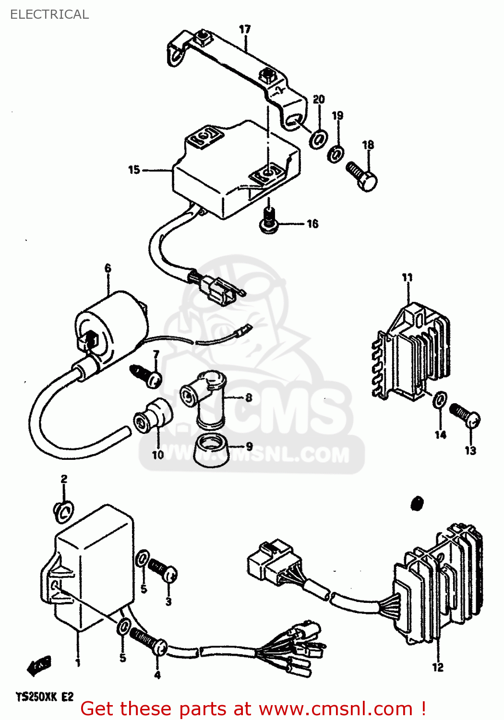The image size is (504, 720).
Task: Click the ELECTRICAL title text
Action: click(x=49, y=14)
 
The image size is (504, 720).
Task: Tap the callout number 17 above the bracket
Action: click(x=245, y=29)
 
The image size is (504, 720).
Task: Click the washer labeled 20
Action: click(x=318, y=138)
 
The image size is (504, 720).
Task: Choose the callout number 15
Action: click(x=134, y=170)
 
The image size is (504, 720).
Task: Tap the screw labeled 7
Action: click(x=146, y=376)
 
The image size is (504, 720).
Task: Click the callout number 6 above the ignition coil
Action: click(x=108, y=268)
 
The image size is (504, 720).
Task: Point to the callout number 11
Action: click(x=407, y=277)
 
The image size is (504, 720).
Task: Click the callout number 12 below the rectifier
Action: click(x=438, y=667)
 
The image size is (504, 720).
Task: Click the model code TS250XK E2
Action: click(x=45, y=696)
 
